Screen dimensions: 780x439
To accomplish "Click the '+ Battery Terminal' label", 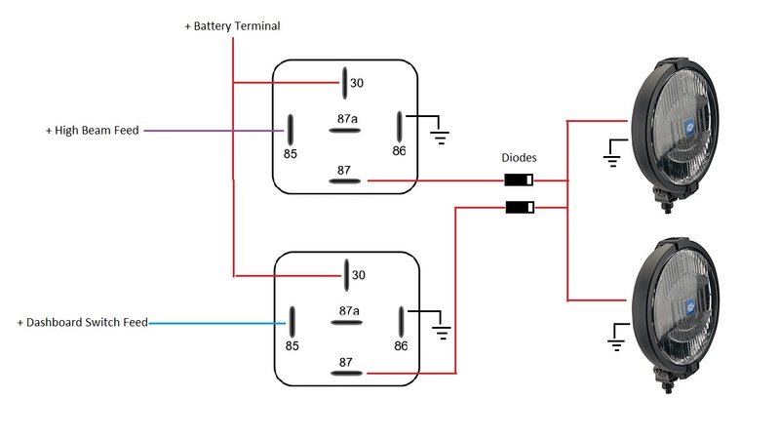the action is pyautogui.click(x=232, y=26).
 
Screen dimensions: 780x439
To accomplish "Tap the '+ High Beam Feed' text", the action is pyautogui.click(x=92, y=131).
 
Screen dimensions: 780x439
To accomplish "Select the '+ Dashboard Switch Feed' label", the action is pyautogui.click(x=83, y=323).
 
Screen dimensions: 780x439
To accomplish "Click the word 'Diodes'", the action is pyautogui.click(x=519, y=158).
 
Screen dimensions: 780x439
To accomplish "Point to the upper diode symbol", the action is pyautogui.click(x=519, y=180).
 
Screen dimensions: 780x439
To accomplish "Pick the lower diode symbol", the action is pyautogui.click(x=520, y=207).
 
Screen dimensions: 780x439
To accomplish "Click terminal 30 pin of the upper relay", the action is pyautogui.click(x=344, y=83).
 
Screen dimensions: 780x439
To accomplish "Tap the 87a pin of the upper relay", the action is pyautogui.click(x=345, y=131).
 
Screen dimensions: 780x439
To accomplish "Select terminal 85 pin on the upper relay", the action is pyautogui.click(x=290, y=130).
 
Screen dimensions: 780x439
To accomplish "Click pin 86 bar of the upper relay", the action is pyautogui.click(x=400, y=127).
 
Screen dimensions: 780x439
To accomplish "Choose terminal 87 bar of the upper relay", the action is pyautogui.click(x=345, y=181).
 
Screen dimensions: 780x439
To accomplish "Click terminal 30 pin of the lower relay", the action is pyautogui.click(x=346, y=275).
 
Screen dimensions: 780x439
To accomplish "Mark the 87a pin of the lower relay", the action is pyautogui.click(x=347, y=323).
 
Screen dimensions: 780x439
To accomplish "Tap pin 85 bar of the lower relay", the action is pyautogui.click(x=292, y=322).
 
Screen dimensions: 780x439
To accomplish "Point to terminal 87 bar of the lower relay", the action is pyautogui.click(x=347, y=374).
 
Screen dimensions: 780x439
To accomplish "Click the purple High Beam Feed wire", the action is pyautogui.click(x=214, y=131).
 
